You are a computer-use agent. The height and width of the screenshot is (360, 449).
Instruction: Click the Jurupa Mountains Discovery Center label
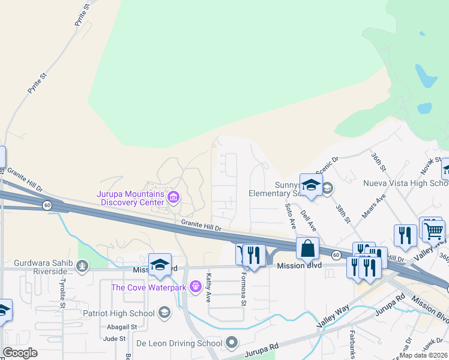(x=130, y=198)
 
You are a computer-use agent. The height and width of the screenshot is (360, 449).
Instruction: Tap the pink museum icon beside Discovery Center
(x=173, y=197)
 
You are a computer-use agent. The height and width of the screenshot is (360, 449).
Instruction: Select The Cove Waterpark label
(x=148, y=287)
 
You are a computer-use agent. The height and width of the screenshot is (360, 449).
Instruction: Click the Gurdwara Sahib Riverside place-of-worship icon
(x=83, y=265)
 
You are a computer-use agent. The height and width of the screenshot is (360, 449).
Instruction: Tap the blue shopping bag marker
(x=307, y=248)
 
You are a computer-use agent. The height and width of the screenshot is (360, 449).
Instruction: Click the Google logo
(x=20, y=353)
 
